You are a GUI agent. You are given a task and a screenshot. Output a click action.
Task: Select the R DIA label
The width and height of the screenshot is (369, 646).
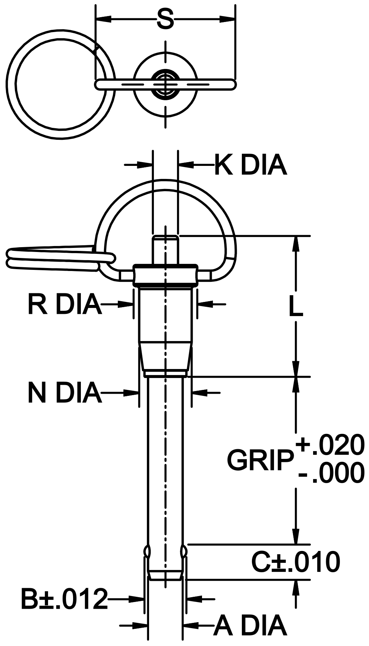pos(64,305)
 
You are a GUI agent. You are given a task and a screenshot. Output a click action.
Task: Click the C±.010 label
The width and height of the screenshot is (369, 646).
pos(296,562)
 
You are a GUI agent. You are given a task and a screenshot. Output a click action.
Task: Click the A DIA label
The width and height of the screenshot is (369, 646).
pos(250,626)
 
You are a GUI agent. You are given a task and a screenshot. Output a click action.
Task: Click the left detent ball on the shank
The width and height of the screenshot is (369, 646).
pos(147,551)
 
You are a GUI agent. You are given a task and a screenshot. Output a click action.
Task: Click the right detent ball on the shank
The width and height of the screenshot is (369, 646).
pos(183,551)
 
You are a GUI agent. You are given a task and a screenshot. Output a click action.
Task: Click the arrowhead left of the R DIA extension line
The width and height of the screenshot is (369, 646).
pos(127,305)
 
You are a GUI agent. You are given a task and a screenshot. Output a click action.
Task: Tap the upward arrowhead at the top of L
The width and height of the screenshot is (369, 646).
pos(296,244)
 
